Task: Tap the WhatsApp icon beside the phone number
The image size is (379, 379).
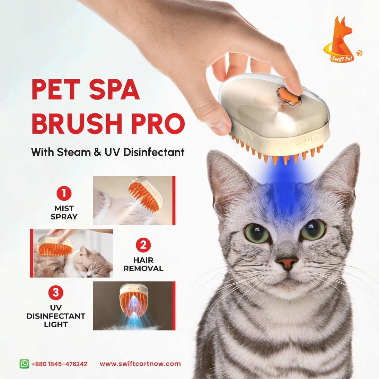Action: (24, 364)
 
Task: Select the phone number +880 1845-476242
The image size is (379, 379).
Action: (59, 364)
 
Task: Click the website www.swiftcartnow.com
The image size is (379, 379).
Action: (140, 364)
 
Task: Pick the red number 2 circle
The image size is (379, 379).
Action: (143, 245)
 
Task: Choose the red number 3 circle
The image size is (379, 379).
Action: (56, 293)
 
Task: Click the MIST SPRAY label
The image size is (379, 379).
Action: (64, 212)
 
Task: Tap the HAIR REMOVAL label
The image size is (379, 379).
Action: (143, 264)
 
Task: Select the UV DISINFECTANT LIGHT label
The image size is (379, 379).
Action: (56, 316)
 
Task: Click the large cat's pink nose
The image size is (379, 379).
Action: (287, 263)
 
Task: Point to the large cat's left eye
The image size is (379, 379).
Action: (257, 233)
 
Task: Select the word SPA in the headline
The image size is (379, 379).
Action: (114, 89)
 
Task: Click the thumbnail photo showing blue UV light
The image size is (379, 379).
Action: (134, 306)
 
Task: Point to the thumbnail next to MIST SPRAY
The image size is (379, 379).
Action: (134, 200)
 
